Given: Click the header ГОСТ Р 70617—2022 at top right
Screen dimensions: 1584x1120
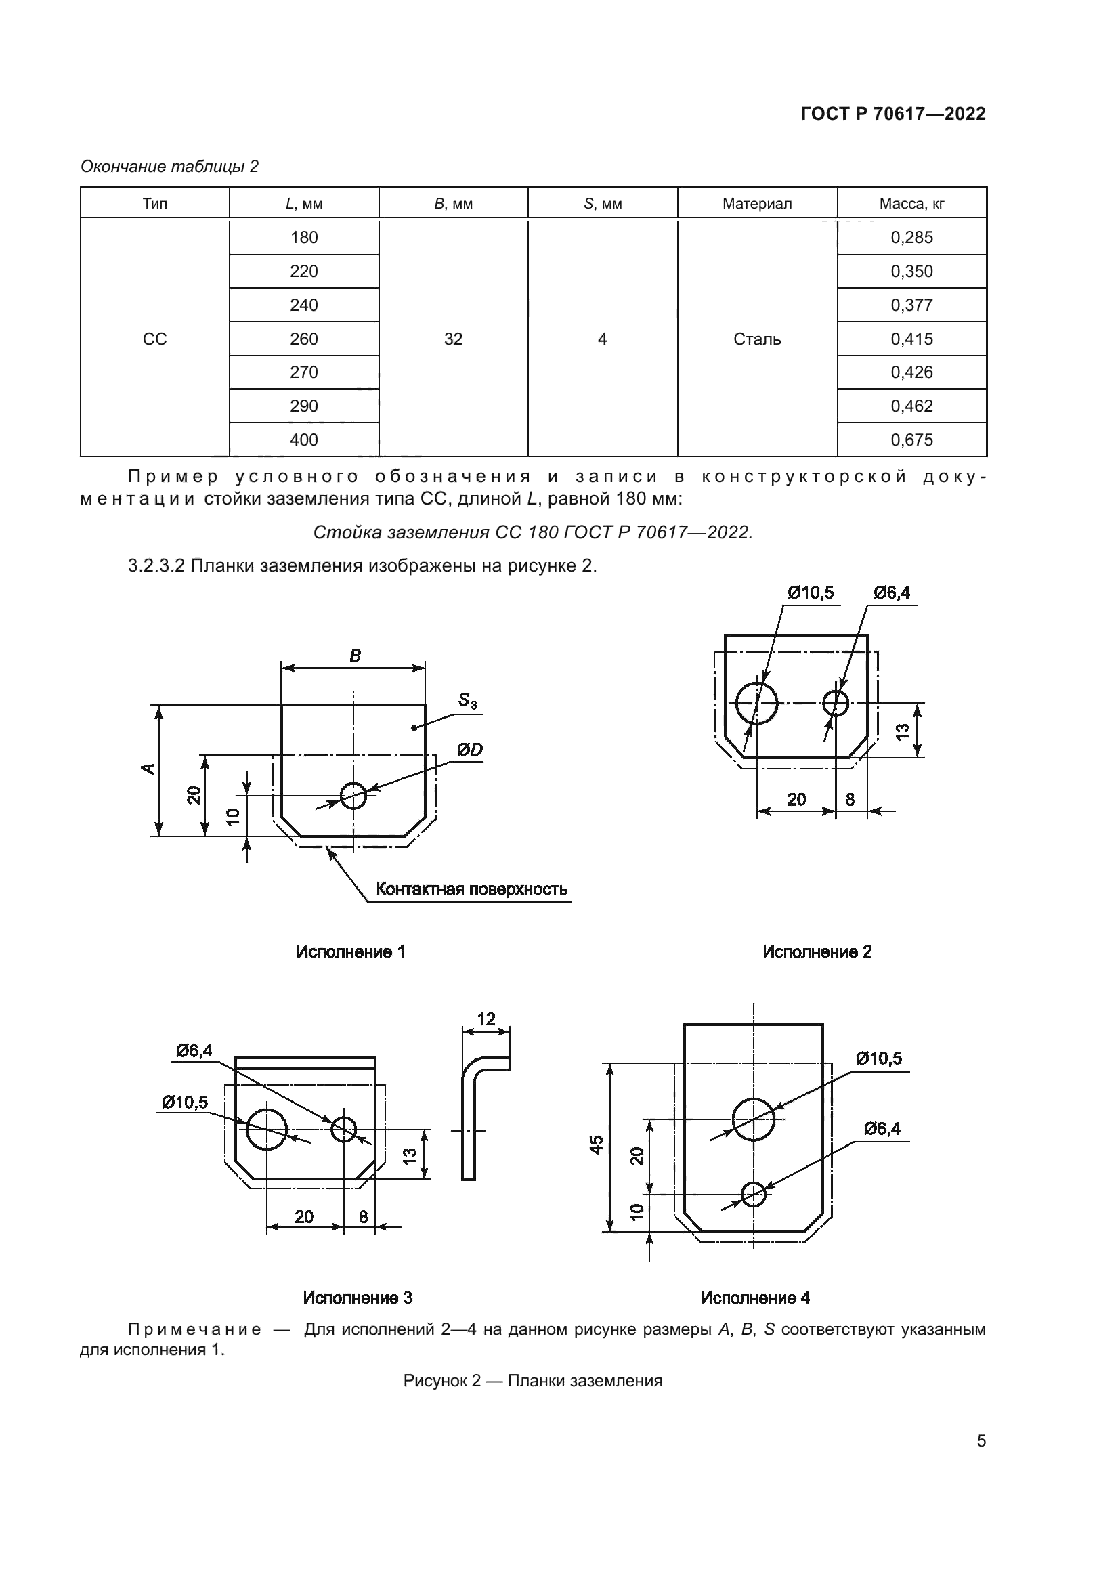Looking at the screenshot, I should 893,114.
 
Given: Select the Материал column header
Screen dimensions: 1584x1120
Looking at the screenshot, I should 756,205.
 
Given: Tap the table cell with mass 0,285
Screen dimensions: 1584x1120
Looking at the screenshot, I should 911,238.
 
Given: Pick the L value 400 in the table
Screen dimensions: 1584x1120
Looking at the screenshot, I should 303,440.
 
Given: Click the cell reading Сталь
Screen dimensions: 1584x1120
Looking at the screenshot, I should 756,339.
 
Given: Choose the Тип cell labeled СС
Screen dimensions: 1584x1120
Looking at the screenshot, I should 154,339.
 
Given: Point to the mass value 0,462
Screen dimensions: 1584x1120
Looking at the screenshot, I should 911,406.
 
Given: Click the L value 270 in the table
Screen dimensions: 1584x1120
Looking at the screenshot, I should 303,372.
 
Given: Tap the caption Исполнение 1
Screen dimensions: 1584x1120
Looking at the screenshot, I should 350,952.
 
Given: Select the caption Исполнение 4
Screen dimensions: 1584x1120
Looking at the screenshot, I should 754,1298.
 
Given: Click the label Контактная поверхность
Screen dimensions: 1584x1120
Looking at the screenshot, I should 472,889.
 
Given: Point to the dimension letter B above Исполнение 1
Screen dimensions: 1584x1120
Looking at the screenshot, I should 356,656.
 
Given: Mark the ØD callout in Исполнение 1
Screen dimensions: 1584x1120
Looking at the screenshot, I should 469,750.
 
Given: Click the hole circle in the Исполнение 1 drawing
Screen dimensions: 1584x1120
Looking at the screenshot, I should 353,796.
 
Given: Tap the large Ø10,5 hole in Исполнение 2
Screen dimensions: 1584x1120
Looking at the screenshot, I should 756,704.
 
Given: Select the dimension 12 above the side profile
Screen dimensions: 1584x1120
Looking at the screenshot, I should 486,1019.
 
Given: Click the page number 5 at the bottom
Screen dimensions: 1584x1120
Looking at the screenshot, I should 981,1441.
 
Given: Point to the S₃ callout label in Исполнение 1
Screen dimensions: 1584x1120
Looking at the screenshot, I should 468,701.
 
